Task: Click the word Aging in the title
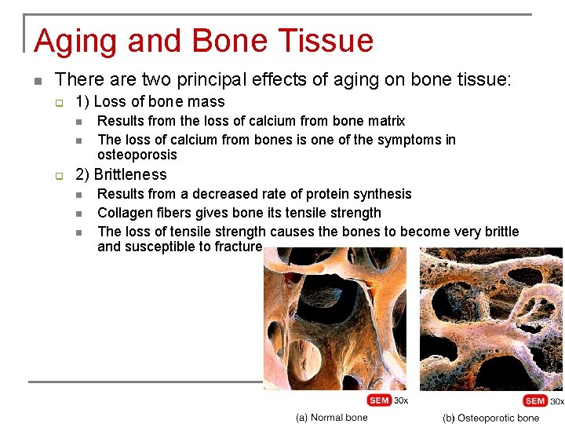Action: coord(75,41)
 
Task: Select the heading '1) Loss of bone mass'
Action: coord(150,101)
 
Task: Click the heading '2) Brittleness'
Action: coord(121,174)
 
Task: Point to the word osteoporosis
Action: coord(137,155)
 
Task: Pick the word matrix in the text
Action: coord(386,121)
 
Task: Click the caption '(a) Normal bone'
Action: coord(331,417)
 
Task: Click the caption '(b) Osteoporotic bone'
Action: coord(490,418)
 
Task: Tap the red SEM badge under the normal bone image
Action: coord(378,400)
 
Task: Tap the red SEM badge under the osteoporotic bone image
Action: coord(535,401)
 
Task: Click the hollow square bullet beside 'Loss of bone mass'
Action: coord(58,102)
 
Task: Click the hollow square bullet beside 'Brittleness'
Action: coord(58,175)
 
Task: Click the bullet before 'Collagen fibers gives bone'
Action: coord(78,214)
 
